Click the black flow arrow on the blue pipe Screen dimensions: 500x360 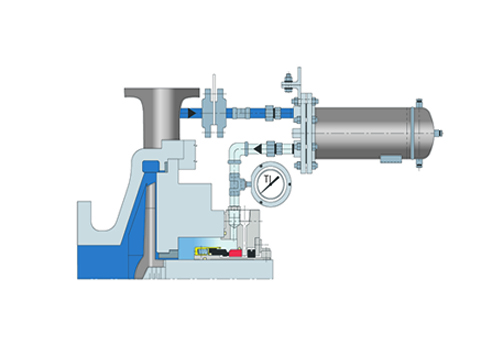(192, 113)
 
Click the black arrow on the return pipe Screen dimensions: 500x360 (257, 148)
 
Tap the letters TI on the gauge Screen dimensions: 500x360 (268, 178)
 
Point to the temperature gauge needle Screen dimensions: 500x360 (270, 185)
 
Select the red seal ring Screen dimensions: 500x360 (235, 253)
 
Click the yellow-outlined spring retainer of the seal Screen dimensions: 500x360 (202, 252)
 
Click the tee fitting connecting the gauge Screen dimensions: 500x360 (238, 183)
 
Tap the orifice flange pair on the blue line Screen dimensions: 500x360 (213, 113)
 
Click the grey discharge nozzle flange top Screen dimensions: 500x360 (162, 92)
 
